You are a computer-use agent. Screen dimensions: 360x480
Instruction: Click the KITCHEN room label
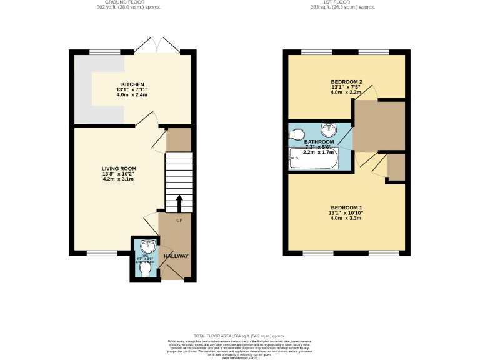132,84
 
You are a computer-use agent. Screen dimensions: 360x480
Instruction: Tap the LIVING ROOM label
119,168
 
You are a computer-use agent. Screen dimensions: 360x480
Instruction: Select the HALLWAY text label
176,256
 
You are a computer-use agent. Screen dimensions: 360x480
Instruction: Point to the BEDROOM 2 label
346,82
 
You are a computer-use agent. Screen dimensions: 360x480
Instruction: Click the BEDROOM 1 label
346,207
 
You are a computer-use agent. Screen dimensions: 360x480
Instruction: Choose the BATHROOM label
319,142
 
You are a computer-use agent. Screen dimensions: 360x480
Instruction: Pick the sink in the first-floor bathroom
329,130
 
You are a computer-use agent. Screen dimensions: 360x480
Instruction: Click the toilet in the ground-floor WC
145,270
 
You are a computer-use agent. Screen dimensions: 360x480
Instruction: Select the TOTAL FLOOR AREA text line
240,336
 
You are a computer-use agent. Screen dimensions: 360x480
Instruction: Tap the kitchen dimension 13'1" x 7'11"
132,90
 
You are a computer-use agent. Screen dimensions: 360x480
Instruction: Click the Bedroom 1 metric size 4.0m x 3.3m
346,218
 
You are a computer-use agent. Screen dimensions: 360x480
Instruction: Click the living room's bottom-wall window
101,253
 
